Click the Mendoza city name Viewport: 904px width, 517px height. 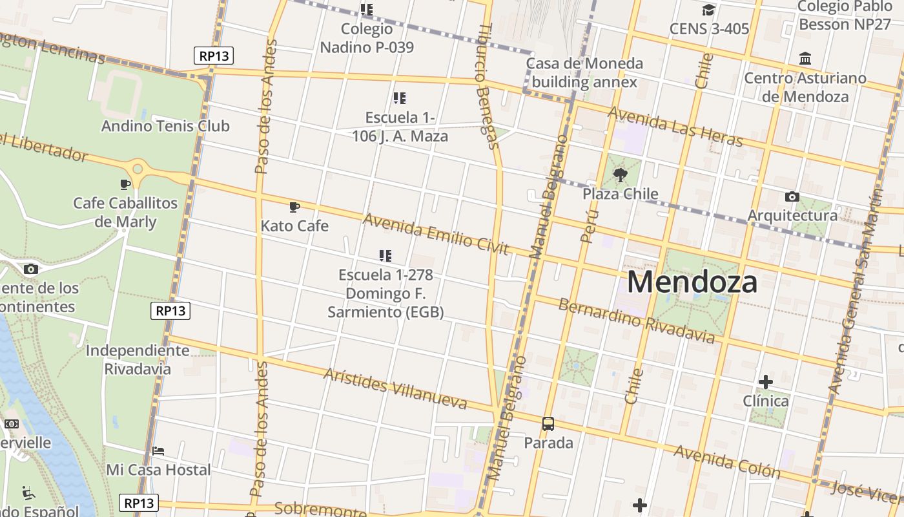point(692,282)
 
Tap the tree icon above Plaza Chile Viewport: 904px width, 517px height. point(621,174)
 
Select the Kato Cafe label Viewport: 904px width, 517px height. point(294,226)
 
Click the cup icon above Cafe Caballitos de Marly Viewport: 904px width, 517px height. point(125,185)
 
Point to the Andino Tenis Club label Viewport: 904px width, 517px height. point(165,126)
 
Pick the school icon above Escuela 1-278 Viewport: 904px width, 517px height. point(385,256)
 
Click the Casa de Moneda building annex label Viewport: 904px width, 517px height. point(584,73)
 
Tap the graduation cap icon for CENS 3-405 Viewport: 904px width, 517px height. point(708,10)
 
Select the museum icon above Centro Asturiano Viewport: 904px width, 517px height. point(805,59)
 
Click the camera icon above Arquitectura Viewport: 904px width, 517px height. point(792,196)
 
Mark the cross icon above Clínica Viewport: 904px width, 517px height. point(766,382)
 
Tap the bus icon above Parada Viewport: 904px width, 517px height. point(548,424)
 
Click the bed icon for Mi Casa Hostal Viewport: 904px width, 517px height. point(158,450)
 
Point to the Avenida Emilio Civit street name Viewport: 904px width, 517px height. point(436,234)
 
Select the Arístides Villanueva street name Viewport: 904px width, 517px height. point(395,389)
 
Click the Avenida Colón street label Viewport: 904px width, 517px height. point(726,461)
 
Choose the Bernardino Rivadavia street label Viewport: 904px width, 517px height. point(636,321)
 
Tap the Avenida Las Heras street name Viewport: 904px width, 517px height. point(676,127)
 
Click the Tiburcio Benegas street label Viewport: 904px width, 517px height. point(488,87)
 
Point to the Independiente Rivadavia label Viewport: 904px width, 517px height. point(138,360)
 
